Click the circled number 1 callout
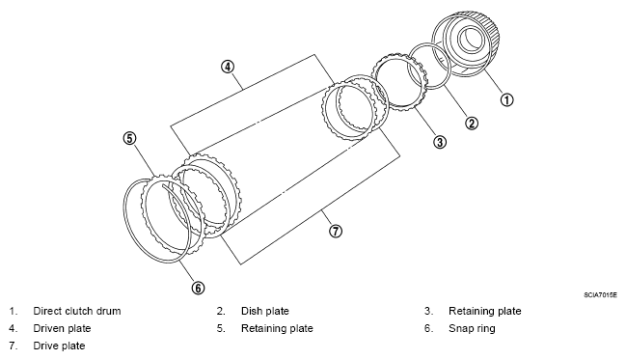[x=506, y=99]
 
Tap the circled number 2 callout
[x=472, y=124]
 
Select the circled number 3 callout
[x=440, y=142]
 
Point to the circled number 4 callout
[x=228, y=67]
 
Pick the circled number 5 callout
[x=129, y=138]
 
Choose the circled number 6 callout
[x=199, y=288]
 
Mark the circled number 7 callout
[x=336, y=231]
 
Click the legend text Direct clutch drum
[x=77, y=311]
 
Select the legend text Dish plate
[x=265, y=311]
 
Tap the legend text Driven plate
[x=63, y=328]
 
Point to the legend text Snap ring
[x=472, y=328]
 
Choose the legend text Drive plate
[x=59, y=346]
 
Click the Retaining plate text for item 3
[x=485, y=311]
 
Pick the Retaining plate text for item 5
[x=277, y=328]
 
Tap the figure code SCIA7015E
[x=601, y=295]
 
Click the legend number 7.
[x=14, y=346]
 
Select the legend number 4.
[x=14, y=328]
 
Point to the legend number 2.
[x=221, y=311]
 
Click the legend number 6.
[x=429, y=328]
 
